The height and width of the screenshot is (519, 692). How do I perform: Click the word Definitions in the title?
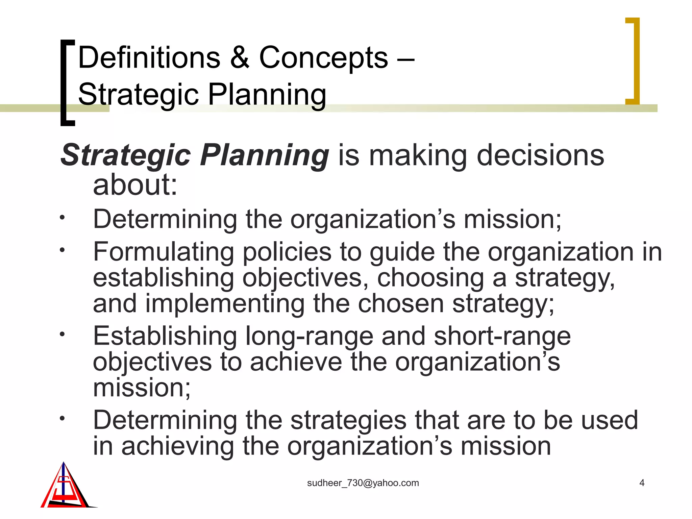(149, 58)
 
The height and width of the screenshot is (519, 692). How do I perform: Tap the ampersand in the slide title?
(240, 58)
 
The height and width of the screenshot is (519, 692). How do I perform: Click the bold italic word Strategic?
(126, 156)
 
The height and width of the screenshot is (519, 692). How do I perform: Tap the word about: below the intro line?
(135, 185)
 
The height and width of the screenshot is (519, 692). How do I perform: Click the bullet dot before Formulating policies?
(62, 250)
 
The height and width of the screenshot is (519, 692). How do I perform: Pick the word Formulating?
(164, 252)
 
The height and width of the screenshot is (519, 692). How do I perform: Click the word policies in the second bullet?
(287, 252)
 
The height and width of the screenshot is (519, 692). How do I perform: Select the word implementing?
(225, 304)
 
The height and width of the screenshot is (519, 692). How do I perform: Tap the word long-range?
(309, 337)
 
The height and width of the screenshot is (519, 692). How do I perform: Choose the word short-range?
(502, 337)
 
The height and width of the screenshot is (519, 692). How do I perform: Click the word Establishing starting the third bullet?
(165, 337)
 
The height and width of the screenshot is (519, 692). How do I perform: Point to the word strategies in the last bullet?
(348, 421)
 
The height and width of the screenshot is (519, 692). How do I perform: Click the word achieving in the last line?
(177, 447)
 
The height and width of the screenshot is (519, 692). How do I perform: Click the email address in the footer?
(363, 483)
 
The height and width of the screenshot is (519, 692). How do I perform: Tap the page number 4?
(642, 483)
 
